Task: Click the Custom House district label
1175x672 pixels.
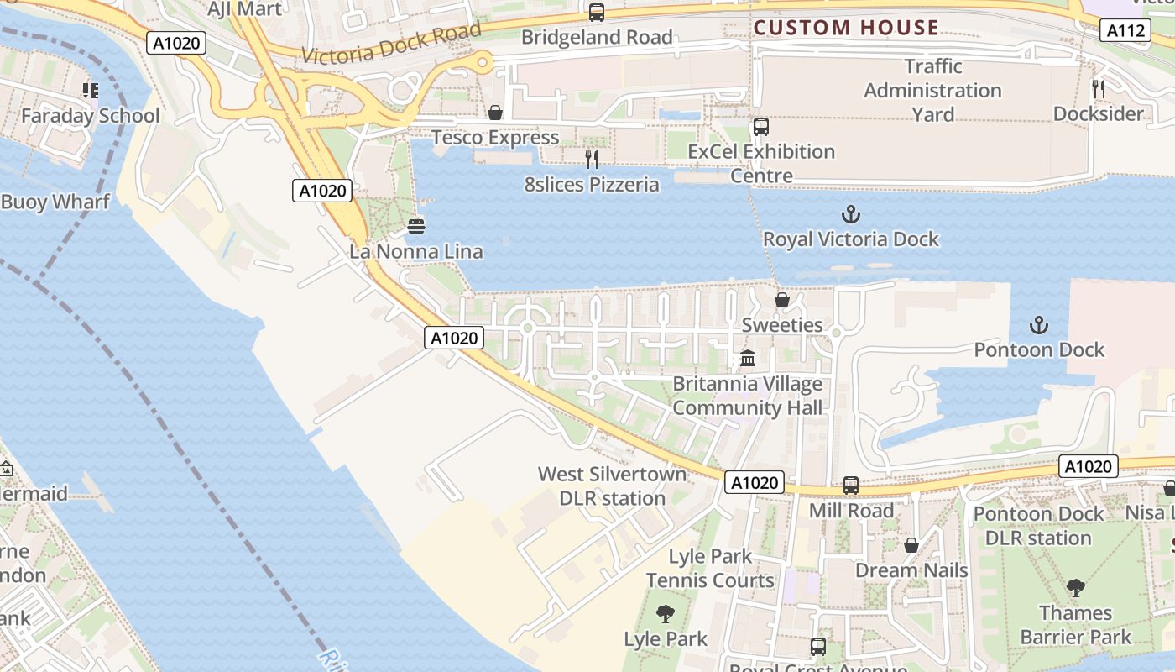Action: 846,28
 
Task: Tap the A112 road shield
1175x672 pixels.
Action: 1125,31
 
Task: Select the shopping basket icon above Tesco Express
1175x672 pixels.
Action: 495,113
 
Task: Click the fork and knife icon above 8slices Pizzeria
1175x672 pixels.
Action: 592,159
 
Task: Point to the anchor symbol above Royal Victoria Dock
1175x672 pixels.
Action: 851,214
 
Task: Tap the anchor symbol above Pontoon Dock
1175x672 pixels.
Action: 1039,325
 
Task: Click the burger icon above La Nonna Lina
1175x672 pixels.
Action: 415,226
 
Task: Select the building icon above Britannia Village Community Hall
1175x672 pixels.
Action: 747,359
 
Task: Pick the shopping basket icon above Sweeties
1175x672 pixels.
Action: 782,299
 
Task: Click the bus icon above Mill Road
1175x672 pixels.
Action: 851,485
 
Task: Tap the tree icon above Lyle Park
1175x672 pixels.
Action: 666,614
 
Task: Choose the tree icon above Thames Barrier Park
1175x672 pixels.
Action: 1075,588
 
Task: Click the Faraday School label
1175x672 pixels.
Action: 90,116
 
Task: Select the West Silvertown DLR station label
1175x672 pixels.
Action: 612,486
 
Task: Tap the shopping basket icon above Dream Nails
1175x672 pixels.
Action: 911,545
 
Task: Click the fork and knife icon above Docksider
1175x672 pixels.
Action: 1098,88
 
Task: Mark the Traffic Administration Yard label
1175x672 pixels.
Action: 932,90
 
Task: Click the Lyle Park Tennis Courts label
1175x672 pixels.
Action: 710,568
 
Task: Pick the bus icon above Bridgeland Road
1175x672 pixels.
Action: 597,13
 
